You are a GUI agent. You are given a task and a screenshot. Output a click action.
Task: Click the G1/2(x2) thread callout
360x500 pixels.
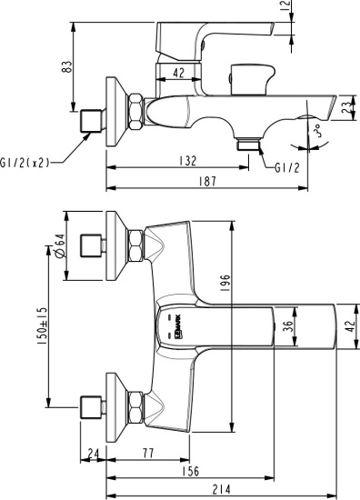click(x=25, y=163)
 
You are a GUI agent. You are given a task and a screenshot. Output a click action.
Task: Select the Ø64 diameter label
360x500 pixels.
click(x=58, y=245)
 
